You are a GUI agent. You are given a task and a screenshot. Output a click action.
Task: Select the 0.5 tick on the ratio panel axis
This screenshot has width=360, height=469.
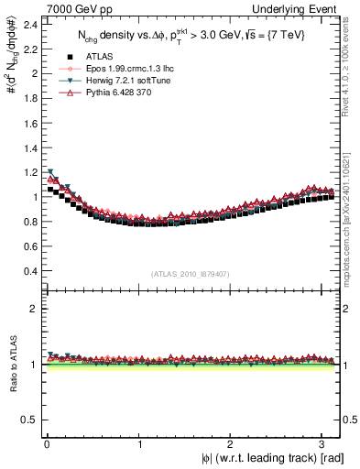click(x=29, y=420)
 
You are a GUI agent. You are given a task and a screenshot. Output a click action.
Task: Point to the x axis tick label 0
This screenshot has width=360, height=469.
click(x=47, y=443)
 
